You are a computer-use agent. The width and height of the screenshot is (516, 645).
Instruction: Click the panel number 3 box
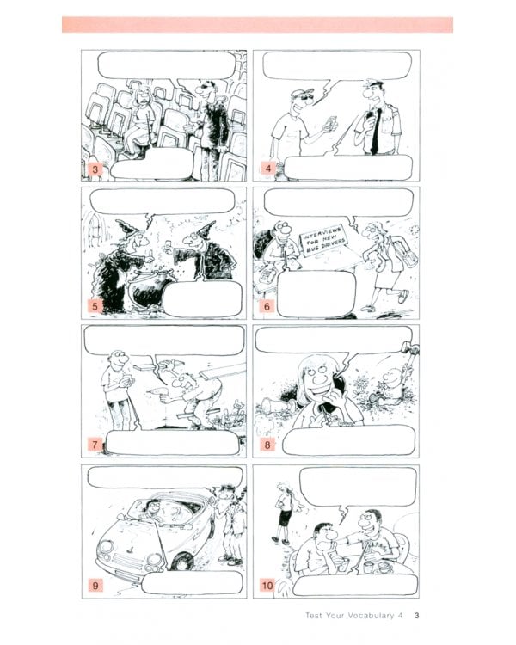tap(95, 169)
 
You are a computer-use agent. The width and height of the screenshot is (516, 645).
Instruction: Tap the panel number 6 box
tap(267, 306)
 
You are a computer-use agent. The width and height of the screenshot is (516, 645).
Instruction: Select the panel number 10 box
tap(267, 585)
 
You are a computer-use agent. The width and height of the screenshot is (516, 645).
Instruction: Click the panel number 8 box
tap(267, 445)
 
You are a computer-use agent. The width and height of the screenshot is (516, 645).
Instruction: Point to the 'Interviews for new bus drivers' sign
tap(324, 241)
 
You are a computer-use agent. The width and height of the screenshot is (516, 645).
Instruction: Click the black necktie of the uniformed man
tap(374, 132)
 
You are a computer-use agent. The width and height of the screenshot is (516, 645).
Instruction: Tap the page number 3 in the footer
tap(416, 616)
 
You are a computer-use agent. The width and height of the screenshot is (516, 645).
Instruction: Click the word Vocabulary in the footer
tap(371, 616)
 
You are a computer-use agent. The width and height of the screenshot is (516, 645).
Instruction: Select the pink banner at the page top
tap(258, 25)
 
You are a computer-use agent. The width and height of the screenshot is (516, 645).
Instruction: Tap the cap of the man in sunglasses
tap(302, 93)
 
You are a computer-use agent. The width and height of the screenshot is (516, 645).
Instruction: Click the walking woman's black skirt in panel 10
tap(285, 518)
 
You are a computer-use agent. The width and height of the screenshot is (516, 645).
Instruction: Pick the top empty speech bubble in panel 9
tap(165, 477)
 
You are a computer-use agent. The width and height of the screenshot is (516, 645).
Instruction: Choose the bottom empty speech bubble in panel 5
tap(202, 298)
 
